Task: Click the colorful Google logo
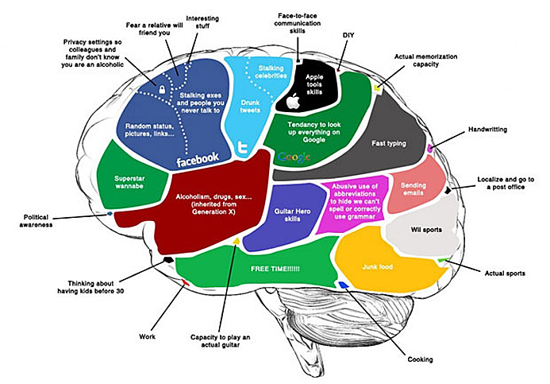pos(294,157)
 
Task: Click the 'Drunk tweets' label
pos(251,105)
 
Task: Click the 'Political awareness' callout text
pos(48,219)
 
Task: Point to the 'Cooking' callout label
pos(420,359)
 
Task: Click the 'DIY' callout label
pos(348,35)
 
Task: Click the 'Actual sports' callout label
pos(505,273)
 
